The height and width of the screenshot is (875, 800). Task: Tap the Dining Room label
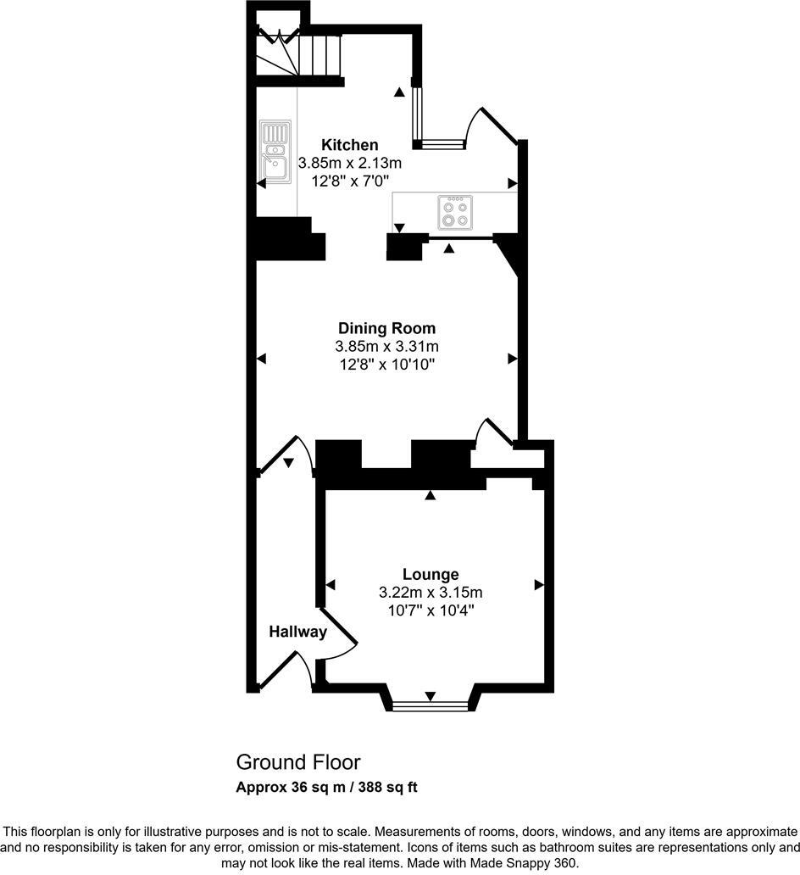[x=386, y=328]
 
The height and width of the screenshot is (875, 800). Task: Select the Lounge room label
[x=431, y=574]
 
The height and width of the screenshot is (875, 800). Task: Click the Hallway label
[x=297, y=632]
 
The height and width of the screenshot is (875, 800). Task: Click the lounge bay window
[x=431, y=705]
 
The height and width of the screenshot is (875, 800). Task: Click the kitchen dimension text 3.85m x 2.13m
[x=349, y=163]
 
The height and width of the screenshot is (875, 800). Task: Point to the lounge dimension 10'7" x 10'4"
[x=431, y=610]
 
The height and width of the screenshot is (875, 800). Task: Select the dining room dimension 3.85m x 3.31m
[x=386, y=346]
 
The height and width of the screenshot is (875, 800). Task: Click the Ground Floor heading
[x=297, y=761]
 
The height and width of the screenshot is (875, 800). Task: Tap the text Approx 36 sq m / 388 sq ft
[x=326, y=787]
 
